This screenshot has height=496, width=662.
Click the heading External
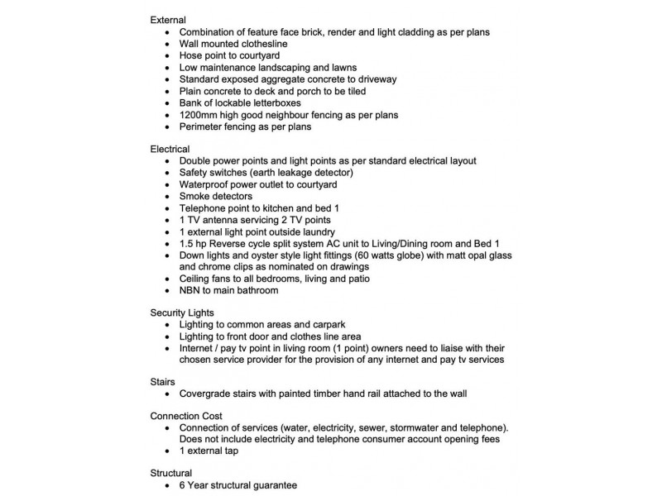click(168, 19)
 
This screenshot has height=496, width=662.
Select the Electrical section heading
click(170, 148)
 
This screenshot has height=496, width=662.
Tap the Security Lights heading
click(182, 312)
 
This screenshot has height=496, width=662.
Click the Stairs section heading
click(163, 382)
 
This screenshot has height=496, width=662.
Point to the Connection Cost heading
click(186, 415)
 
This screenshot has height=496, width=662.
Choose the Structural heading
click(171, 474)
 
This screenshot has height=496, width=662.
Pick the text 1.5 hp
click(194, 244)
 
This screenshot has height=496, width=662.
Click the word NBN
click(190, 290)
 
